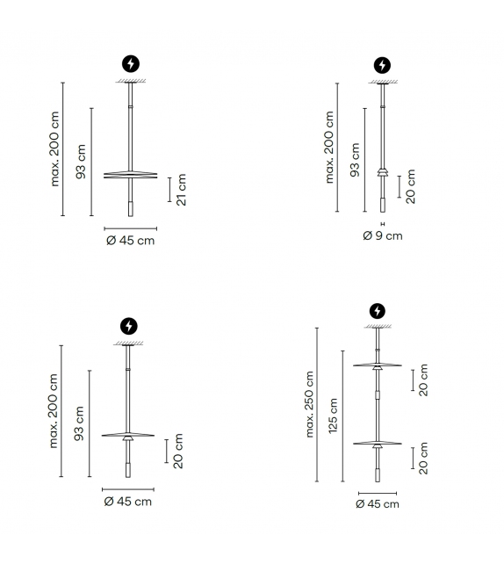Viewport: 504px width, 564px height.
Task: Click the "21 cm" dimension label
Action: click(182, 190)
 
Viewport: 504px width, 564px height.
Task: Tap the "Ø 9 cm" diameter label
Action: click(383, 236)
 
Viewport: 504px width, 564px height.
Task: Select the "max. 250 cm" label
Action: click(310, 404)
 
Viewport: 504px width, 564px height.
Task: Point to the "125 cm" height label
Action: click(333, 416)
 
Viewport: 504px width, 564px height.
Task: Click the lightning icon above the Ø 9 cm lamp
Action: click(382, 66)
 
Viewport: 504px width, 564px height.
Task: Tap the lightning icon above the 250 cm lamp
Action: click(377, 311)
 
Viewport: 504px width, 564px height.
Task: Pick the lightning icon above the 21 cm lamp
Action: click(131, 64)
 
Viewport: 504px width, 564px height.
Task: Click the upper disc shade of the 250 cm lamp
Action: click(377, 365)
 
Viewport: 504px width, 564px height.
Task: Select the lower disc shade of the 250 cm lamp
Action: click(377, 444)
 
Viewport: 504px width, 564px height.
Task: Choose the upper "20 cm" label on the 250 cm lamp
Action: click(423, 380)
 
